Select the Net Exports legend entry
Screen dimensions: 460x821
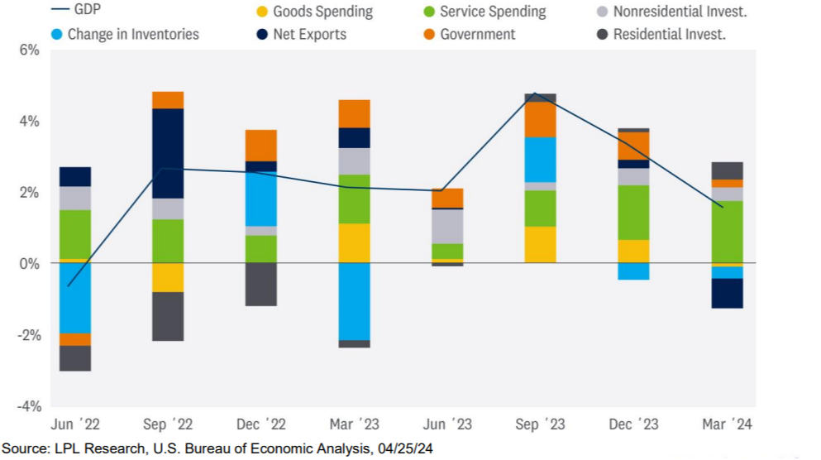coord(302,34)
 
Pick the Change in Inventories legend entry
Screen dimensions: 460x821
coord(123,34)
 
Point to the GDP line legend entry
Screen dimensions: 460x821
coord(82,10)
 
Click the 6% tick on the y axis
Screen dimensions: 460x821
coord(29,50)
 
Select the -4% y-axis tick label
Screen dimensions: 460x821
coord(29,406)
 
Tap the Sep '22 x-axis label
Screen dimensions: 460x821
coord(167,424)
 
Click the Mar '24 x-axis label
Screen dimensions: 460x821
coord(727,424)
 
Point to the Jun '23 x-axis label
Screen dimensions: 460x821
coord(447,424)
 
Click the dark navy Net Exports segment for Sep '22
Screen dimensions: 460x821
coord(168,153)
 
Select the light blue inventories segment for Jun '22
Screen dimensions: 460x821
coord(75,298)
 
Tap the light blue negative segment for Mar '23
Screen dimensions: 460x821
coord(355,301)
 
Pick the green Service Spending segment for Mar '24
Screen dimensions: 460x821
coord(728,232)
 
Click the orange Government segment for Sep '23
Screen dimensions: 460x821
coord(541,119)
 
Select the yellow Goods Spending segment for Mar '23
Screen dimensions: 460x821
coord(355,242)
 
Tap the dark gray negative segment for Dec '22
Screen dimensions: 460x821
coord(261,284)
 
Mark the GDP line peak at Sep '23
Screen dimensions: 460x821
coord(536,93)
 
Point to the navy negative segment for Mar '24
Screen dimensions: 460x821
coord(728,293)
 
